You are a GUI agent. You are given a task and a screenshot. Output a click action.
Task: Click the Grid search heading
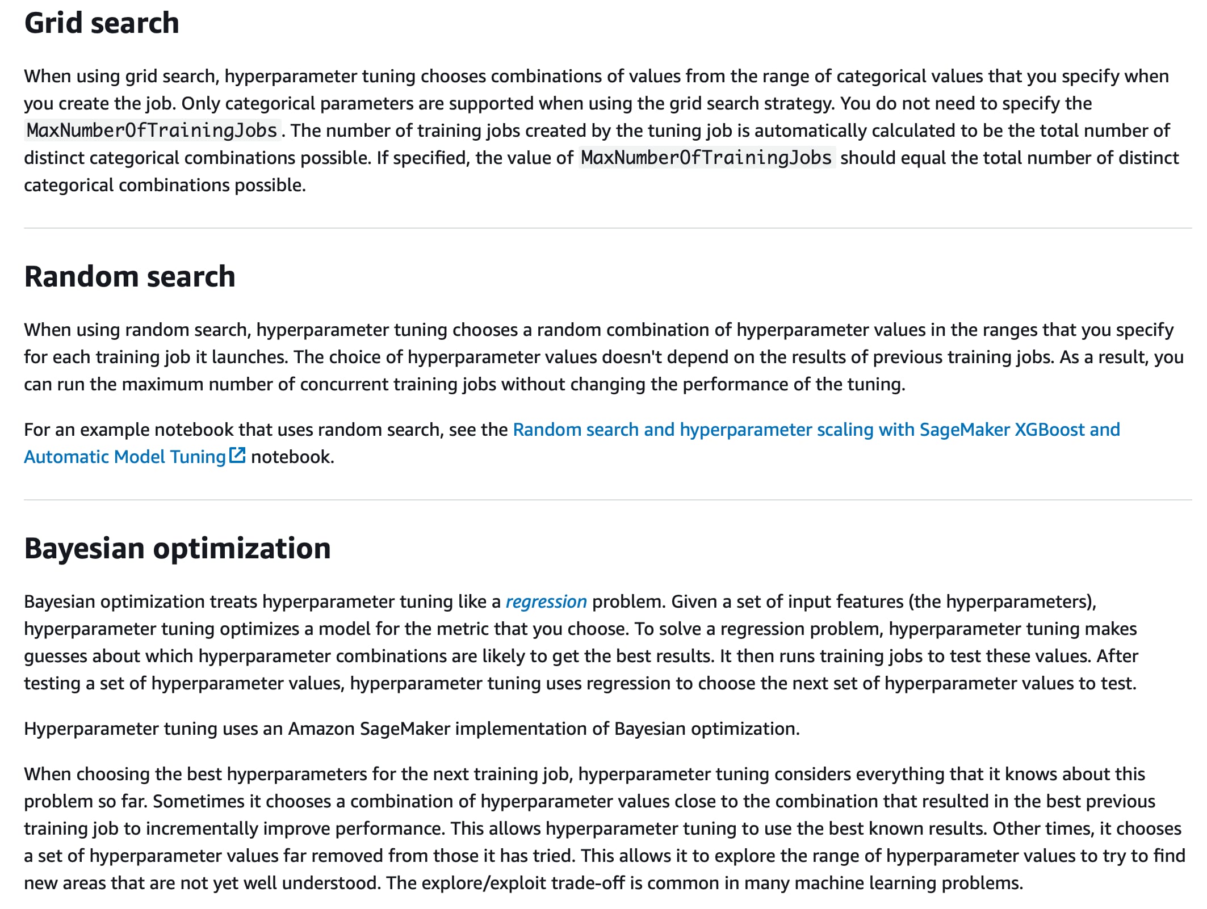pyautogui.click(x=102, y=23)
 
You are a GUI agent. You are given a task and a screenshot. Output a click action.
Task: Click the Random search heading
pyautogui.click(x=129, y=277)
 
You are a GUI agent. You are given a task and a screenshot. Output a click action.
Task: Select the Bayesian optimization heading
pyautogui.click(x=177, y=549)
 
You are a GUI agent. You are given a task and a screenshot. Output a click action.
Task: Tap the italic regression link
pyautogui.click(x=546, y=601)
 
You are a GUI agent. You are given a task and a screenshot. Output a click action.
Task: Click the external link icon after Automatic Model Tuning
pyautogui.click(x=237, y=456)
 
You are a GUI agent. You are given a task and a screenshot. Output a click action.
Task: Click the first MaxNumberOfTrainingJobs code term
pyautogui.click(x=152, y=131)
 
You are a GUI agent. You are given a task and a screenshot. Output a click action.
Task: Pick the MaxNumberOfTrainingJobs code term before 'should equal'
pyautogui.click(x=706, y=158)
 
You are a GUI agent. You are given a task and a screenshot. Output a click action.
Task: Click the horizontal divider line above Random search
pyautogui.click(x=607, y=228)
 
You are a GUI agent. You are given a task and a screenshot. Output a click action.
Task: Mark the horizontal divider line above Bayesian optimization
pyautogui.click(x=607, y=500)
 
